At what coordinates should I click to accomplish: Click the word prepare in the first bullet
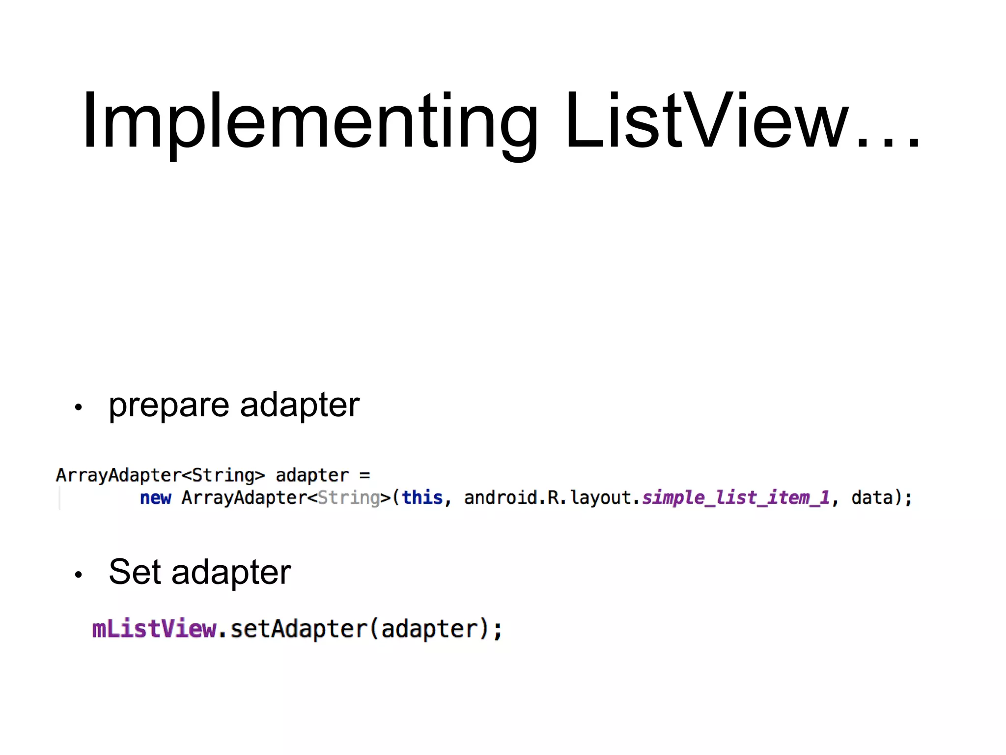(x=168, y=406)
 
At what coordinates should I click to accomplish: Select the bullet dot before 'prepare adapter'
(x=78, y=407)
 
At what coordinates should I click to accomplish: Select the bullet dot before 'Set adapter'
(x=78, y=574)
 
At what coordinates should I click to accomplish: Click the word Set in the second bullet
(x=135, y=572)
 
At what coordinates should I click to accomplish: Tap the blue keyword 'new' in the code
(x=155, y=498)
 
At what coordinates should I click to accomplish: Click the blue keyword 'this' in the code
(x=422, y=498)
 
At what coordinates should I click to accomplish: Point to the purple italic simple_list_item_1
(x=736, y=498)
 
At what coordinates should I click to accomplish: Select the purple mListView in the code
(x=154, y=629)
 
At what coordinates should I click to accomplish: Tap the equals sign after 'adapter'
(x=364, y=475)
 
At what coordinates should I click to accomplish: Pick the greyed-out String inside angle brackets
(x=349, y=498)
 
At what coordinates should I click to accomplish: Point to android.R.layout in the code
(x=547, y=498)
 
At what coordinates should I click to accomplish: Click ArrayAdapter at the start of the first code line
(x=118, y=475)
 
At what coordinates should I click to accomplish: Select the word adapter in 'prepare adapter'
(x=300, y=405)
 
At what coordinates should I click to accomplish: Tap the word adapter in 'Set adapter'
(x=231, y=572)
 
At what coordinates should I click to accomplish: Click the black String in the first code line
(x=223, y=475)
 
